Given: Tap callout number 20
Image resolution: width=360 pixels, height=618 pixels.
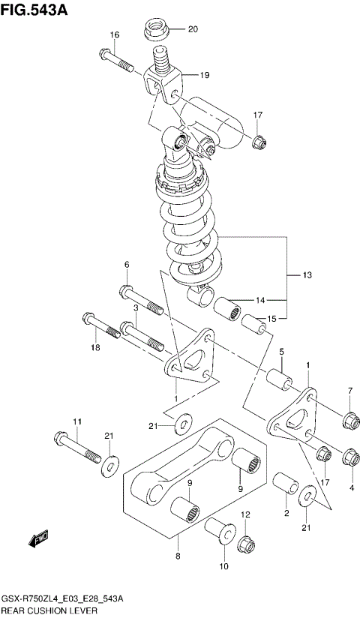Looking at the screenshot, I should coord(192,30).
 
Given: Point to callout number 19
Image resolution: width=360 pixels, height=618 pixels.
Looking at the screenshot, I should coord(205,76).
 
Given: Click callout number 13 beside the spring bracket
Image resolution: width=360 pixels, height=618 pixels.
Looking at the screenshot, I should coord(307,276).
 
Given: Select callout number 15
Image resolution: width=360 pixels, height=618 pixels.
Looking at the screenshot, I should coord(271,319).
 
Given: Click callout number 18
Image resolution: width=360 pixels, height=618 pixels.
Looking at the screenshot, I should coord(94,347).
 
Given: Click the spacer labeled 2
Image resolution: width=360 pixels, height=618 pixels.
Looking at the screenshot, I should coord(285,485).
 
